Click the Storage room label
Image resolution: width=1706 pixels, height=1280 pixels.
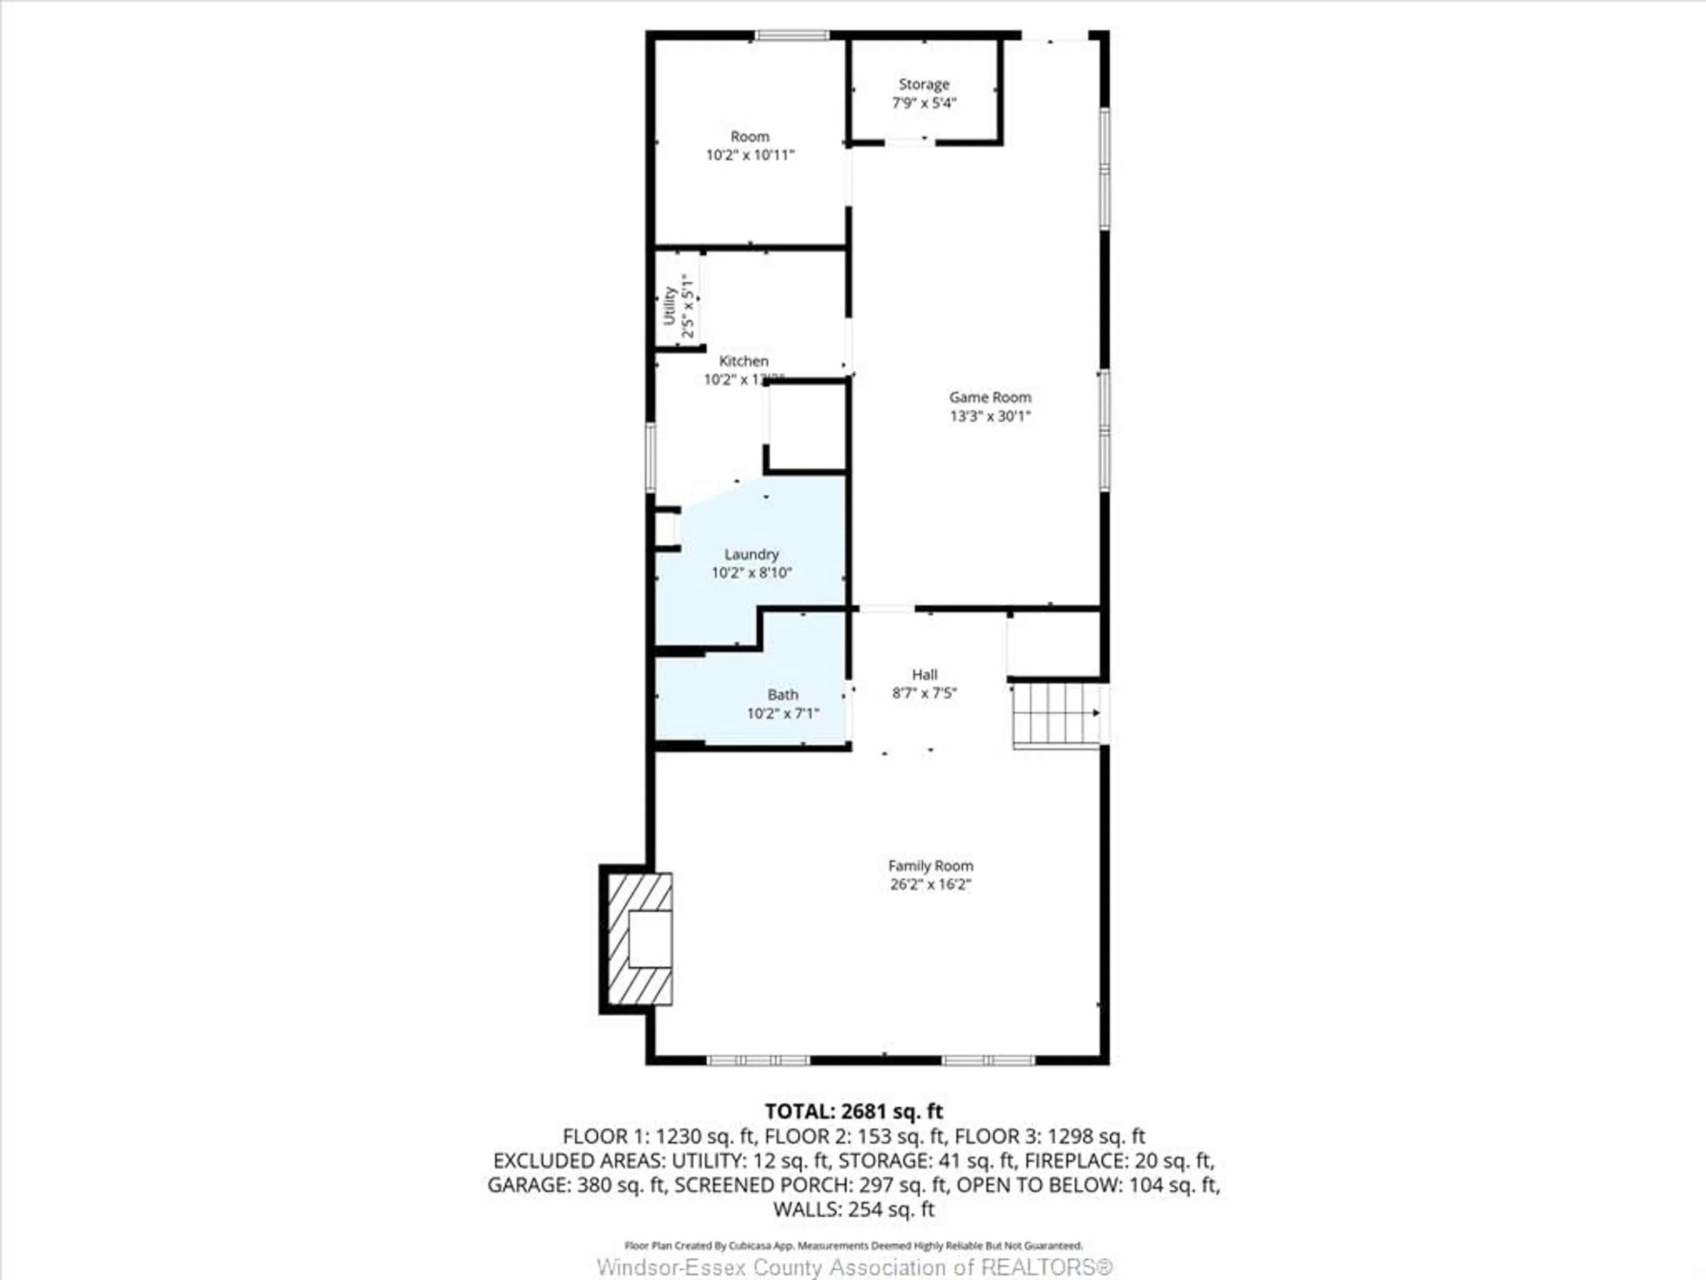coord(923,84)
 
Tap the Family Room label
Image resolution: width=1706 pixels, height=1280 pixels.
coord(930,866)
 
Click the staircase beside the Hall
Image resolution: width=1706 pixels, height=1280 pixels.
coord(1056,714)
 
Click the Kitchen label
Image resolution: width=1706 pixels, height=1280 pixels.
coord(743,361)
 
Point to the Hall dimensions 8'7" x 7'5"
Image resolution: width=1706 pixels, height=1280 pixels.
coord(924,693)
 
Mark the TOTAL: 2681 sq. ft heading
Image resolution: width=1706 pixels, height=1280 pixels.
coord(853,1111)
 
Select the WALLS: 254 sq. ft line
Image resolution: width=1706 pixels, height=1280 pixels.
coord(853,1209)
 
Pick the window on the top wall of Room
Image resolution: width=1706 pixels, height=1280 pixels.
coord(791,35)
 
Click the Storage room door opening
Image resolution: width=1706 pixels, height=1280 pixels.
coord(909,142)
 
